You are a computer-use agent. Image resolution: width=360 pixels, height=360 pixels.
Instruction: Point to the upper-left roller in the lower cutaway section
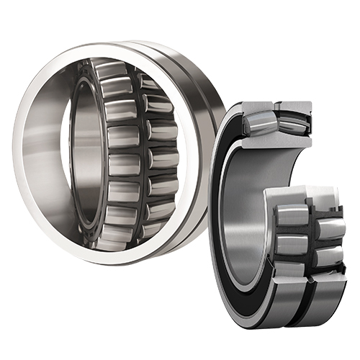tap(292, 215)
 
